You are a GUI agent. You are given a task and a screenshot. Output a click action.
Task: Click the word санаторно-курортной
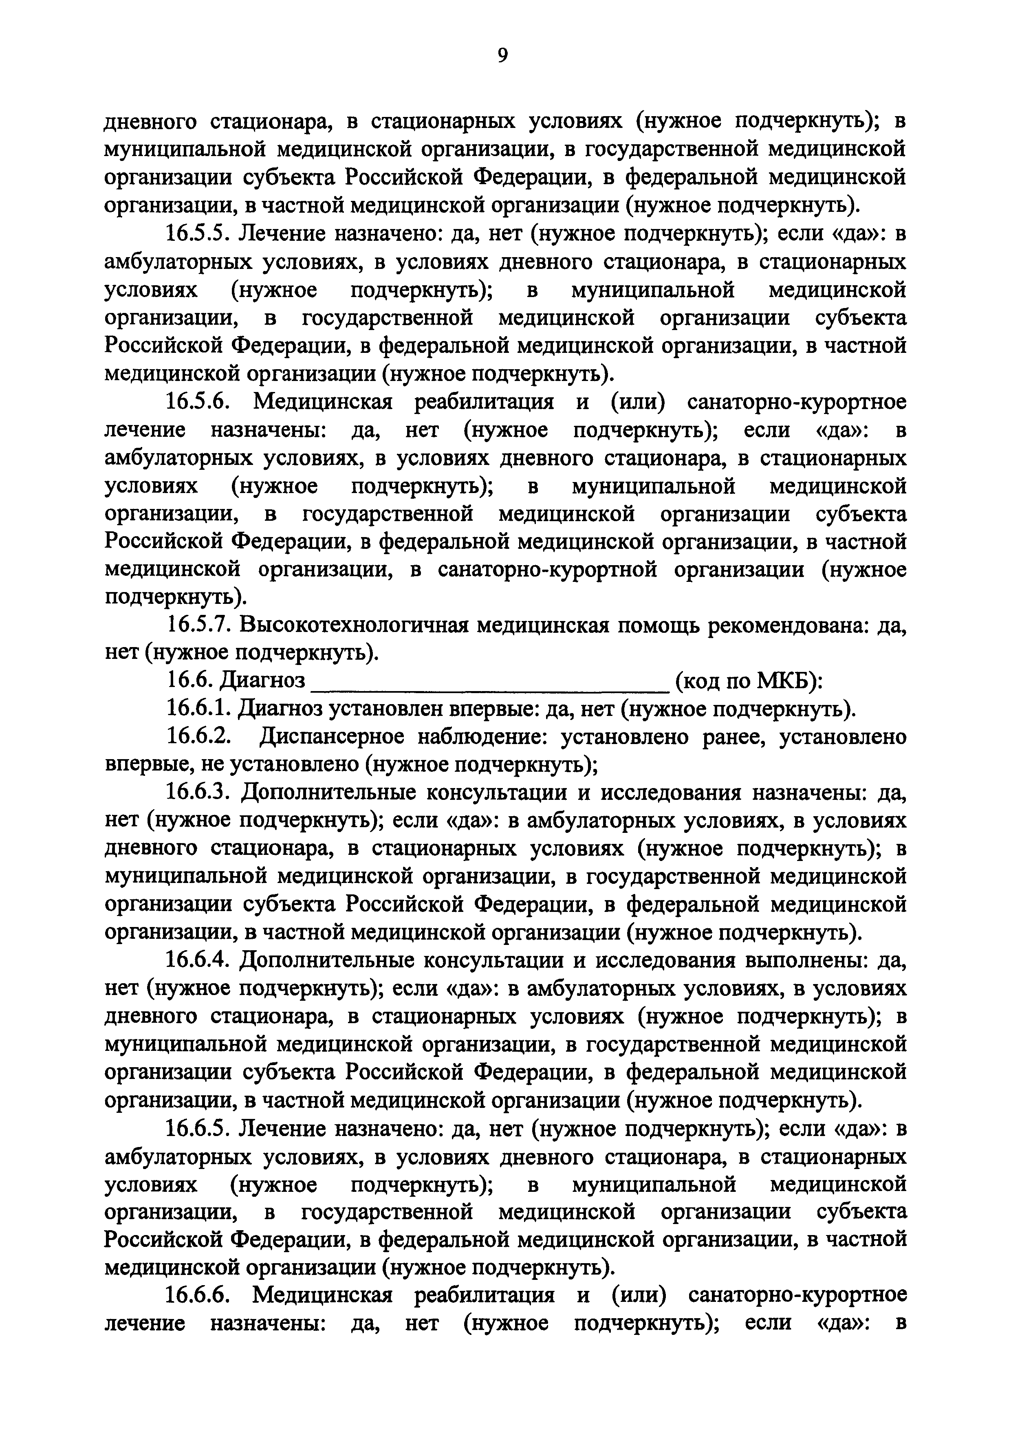[x=548, y=571]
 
